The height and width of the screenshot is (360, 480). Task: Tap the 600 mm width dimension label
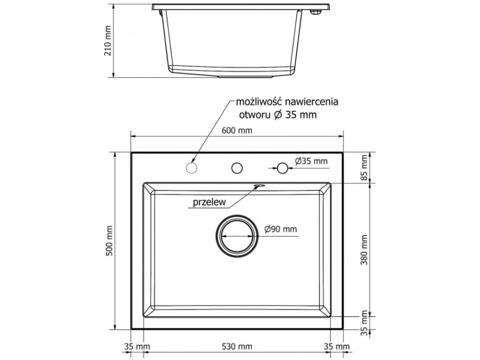(238, 131)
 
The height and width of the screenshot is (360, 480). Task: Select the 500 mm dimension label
(110, 241)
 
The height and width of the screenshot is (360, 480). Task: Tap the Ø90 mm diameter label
(280, 229)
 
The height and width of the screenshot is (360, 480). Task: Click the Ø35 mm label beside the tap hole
(311, 161)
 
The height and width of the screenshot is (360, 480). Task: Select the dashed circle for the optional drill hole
(191, 168)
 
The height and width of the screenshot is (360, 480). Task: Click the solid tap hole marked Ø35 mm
(282, 168)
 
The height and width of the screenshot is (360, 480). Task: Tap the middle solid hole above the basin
(237, 168)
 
